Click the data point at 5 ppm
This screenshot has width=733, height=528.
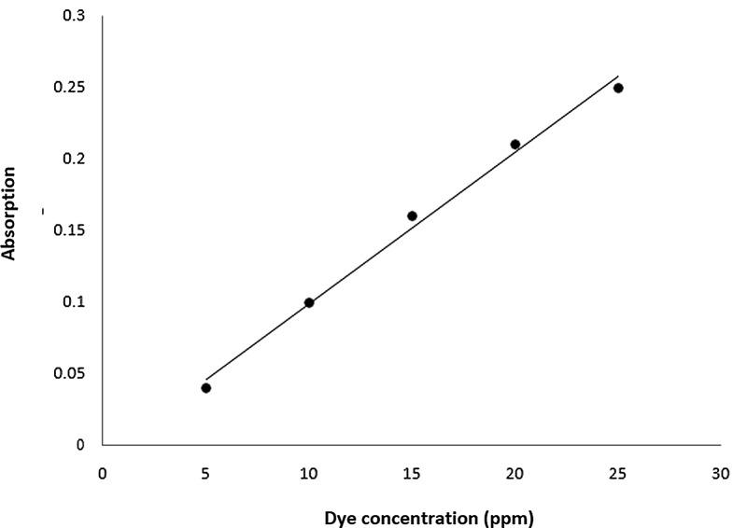205,388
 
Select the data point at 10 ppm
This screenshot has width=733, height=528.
309,302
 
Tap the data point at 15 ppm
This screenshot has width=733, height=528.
412,215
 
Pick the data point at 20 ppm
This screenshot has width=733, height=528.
515,145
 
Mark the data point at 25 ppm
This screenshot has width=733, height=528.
618,88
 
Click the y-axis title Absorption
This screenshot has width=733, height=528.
10,214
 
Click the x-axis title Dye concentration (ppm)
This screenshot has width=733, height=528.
429,516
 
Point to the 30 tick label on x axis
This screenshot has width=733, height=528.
719,472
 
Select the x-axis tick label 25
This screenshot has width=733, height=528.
617,472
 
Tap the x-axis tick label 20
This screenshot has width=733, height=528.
515,472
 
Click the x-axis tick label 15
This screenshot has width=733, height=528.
412,472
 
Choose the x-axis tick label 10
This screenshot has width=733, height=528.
309,472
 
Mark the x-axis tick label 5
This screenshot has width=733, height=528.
205,472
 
